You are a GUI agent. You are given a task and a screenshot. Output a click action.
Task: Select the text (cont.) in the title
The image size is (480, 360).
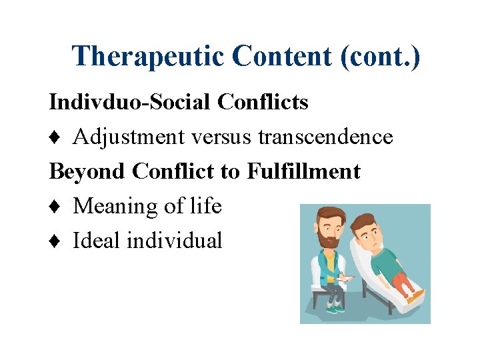[x=381, y=57]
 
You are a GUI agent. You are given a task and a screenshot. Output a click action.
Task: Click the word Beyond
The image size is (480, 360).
[x=88, y=171]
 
